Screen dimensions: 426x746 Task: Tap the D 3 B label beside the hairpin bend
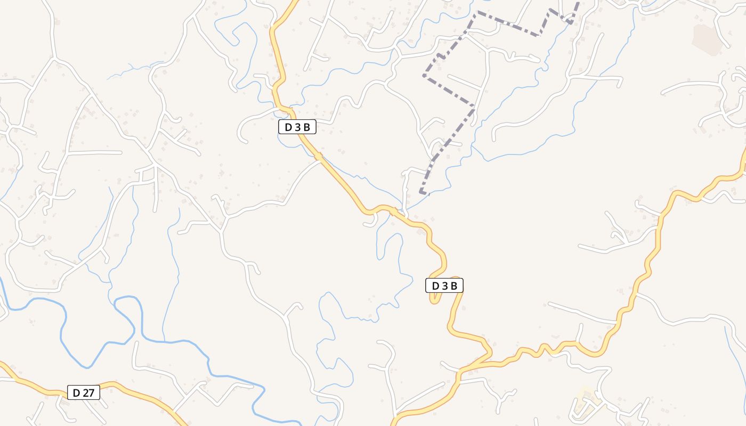(x=444, y=286)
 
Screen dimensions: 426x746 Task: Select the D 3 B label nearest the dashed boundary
(x=297, y=127)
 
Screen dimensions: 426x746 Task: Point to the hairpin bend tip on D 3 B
(x=433, y=301)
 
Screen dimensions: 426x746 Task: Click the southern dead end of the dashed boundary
(x=421, y=192)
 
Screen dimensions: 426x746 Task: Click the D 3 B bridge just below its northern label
(x=318, y=156)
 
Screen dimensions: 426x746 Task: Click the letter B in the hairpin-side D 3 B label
(x=453, y=286)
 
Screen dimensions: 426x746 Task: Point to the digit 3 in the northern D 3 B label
(x=297, y=127)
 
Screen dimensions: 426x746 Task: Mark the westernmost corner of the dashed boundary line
(x=424, y=76)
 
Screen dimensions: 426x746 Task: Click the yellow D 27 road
(x=133, y=393)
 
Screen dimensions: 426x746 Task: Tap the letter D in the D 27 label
(x=76, y=393)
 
